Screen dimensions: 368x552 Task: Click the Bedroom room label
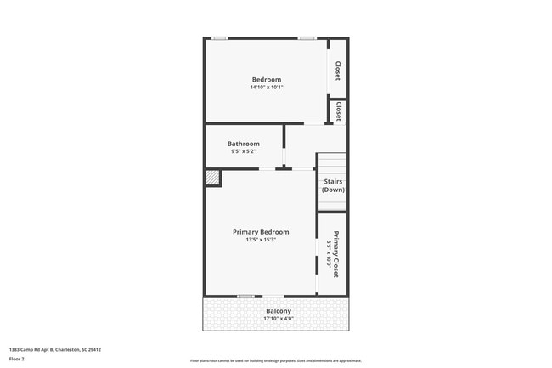[266, 80]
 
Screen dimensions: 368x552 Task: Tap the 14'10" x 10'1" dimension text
[266, 88]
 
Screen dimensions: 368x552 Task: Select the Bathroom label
[244, 144]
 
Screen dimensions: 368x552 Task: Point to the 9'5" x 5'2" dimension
[244, 151]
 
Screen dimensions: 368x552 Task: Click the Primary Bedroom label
[261, 232]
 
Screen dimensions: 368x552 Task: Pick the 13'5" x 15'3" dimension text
[261, 240]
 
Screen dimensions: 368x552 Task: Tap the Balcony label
[279, 311]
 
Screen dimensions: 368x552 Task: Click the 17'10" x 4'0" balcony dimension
[279, 319]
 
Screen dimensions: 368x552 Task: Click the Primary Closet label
[336, 255]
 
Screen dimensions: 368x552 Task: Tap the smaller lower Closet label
[338, 111]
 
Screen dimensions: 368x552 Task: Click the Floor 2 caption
[17, 359]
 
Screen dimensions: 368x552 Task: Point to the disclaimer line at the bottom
[276, 361]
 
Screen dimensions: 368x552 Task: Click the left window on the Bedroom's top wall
[220, 37]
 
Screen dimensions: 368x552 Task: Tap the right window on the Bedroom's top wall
[307, 37]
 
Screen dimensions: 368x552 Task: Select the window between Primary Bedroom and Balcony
[245, 296]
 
